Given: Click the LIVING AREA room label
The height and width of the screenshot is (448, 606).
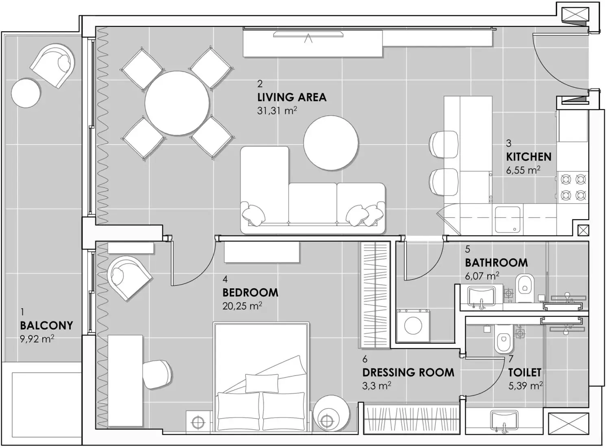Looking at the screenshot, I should (292, 97).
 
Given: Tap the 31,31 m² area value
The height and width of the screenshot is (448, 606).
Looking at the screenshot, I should (277, 110).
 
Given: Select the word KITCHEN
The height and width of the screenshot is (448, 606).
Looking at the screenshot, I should (529, 157).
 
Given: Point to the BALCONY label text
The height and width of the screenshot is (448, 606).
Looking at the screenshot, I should (46, 325).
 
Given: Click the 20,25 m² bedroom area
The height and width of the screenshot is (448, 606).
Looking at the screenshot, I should (242, 306).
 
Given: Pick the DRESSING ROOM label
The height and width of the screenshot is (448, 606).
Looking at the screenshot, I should (408, 373).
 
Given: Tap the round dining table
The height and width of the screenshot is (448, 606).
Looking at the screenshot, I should (177, 103).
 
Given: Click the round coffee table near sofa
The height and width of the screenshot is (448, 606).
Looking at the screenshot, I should (331, 143).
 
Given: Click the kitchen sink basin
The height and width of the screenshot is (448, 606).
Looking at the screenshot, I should (507, 219).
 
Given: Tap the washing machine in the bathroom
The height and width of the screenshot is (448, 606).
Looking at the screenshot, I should (413, 325).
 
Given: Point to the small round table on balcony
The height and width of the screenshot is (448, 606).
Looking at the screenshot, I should (26, 93).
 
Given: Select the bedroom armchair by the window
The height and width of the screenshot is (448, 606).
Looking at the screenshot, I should (128, 277).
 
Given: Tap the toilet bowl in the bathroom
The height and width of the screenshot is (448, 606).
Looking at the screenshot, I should (525, 288).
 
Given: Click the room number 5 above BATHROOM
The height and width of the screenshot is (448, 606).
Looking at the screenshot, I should (468, 249).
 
